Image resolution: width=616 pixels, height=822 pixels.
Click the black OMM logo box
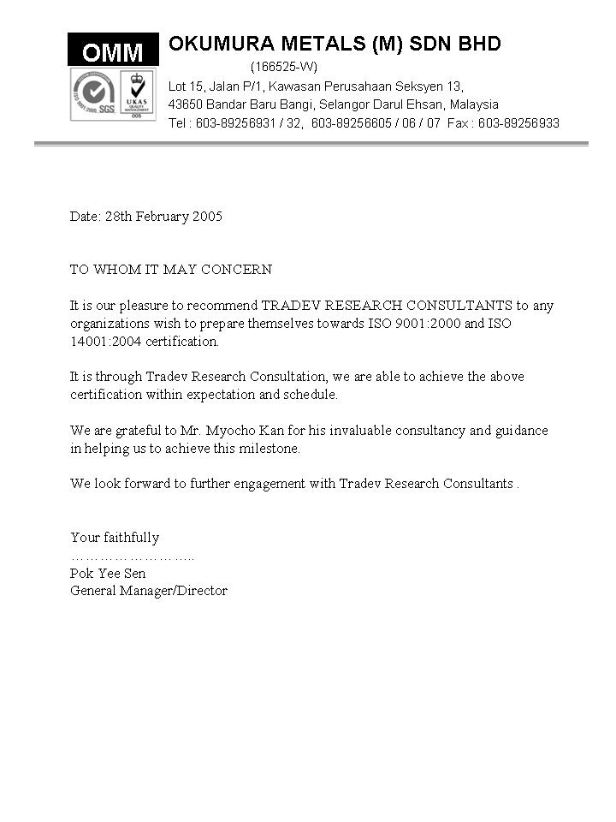point(113,51)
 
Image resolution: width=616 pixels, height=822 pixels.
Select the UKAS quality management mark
point(136,94)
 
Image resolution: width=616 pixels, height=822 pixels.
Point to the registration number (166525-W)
point(283,67)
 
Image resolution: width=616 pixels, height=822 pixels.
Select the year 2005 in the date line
point(207,217)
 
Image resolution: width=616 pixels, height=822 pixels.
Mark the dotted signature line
point(132,557)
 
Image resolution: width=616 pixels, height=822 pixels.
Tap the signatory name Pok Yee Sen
point(108,574)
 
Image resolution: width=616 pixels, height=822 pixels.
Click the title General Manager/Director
point(149,591)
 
